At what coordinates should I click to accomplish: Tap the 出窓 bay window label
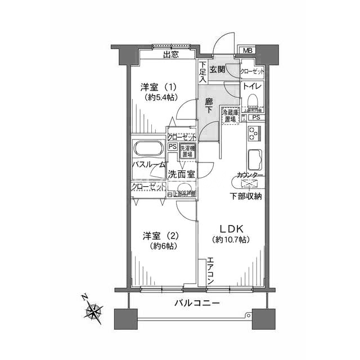pos(171,55)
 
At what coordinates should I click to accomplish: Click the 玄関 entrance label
pos(218,69)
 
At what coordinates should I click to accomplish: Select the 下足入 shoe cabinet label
pos(202,72)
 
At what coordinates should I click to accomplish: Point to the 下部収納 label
pos(245,196)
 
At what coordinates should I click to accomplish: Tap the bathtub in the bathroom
pos(148,150)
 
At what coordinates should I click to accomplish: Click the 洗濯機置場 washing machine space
pos(187,151)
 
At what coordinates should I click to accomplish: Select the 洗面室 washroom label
pos(182,174)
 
